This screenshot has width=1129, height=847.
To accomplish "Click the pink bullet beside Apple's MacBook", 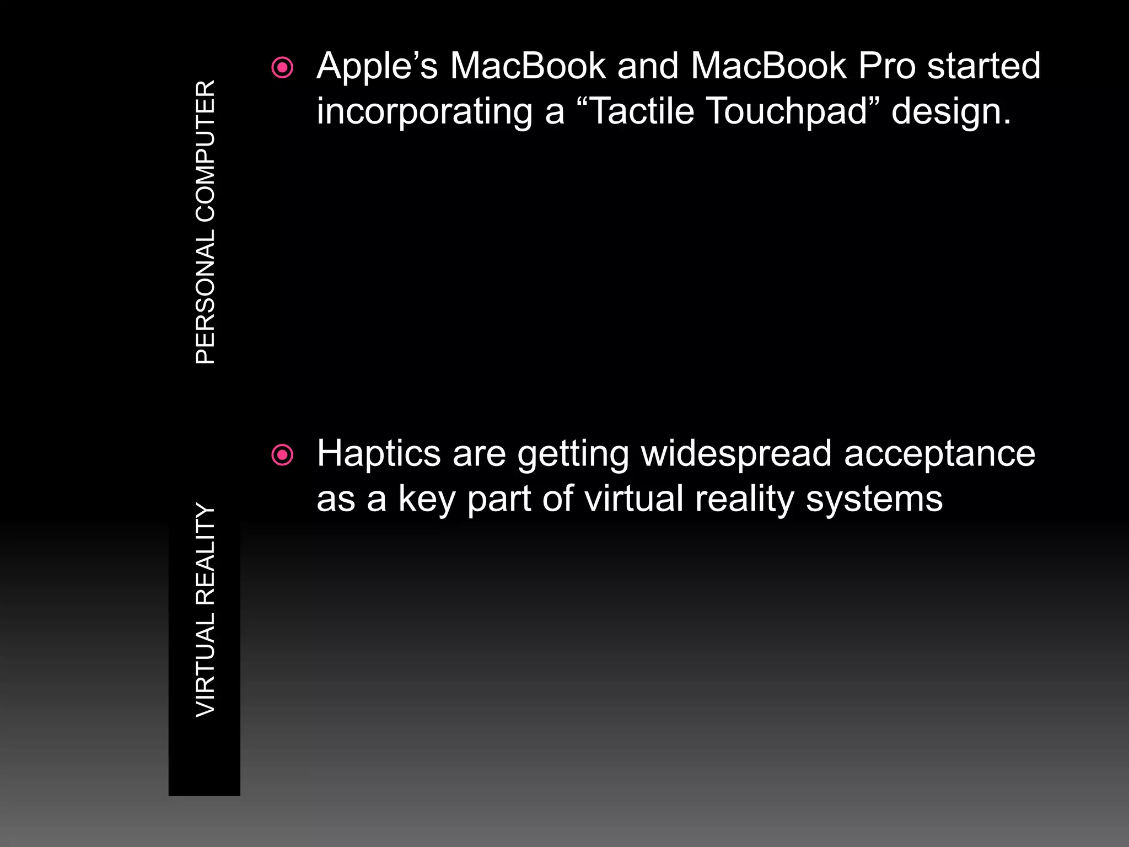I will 283,68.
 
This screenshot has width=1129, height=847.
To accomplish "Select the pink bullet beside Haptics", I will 283,455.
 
